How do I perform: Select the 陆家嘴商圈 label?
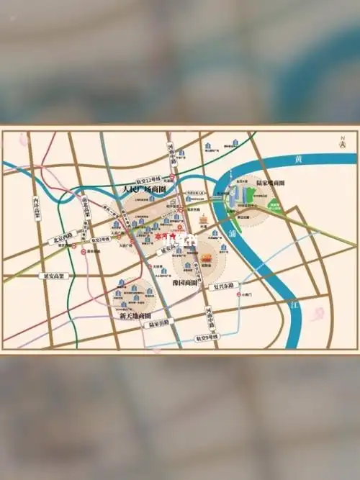pyautogui.click(x=269, y=184)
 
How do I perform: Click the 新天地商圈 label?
pyautogui.click(x=135, y=315)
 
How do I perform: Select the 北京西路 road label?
pyautogui.click(x=62, y=237)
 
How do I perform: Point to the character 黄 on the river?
pyautogui.click(x=299, y=158)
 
